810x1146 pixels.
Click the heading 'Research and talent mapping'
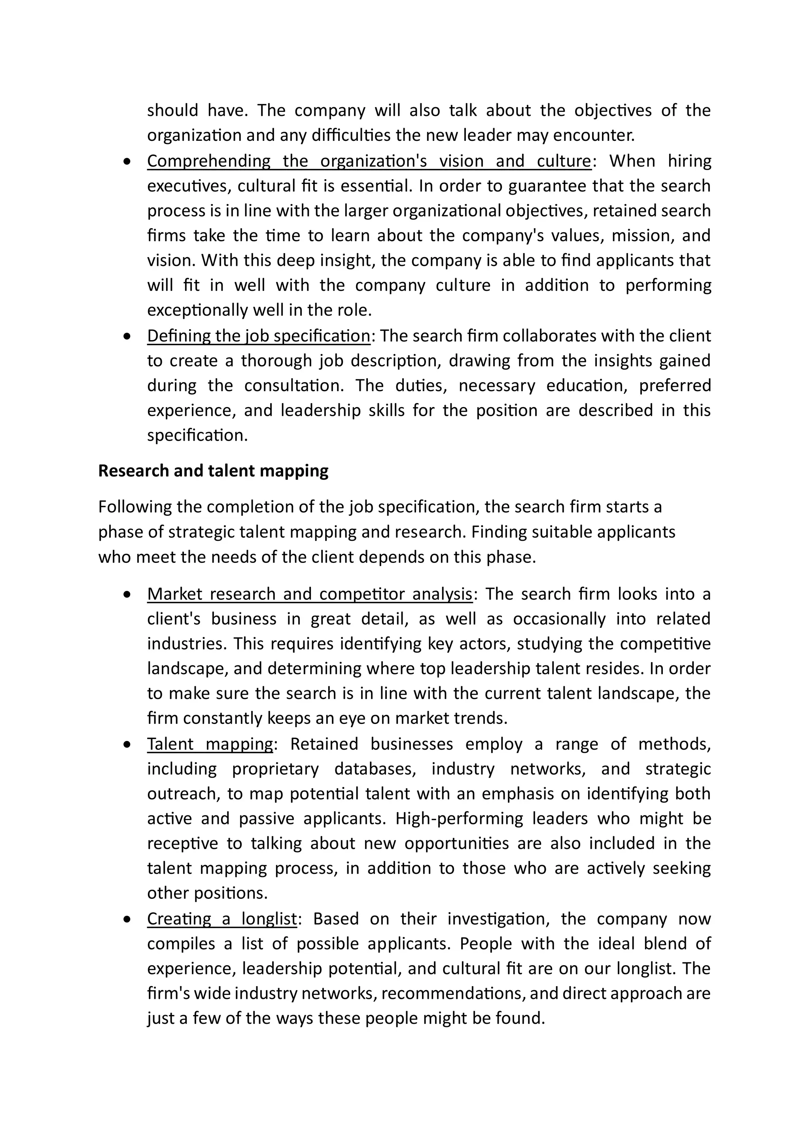point(213,471)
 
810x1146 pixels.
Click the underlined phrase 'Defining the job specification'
point(259,336)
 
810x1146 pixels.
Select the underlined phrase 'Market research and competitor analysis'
point(309,594)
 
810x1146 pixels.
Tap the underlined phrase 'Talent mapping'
point(210,744)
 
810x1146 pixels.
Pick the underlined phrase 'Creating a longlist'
point(222,919)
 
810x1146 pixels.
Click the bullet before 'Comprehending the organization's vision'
point(128,162)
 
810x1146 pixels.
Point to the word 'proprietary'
point(275,769)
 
